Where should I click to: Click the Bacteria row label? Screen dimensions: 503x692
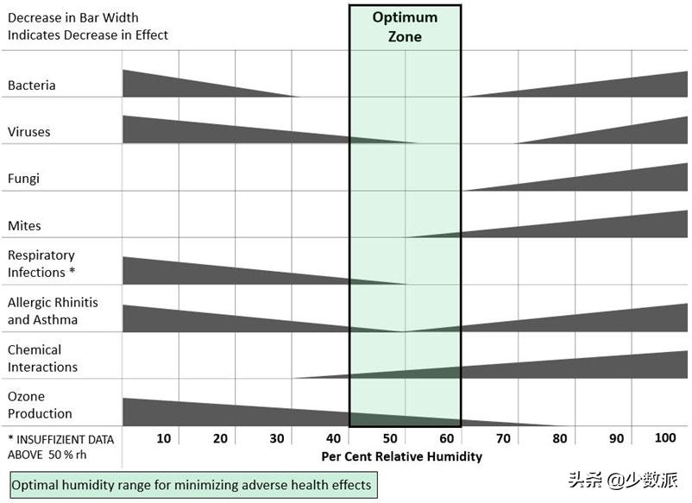[x=32, y=85]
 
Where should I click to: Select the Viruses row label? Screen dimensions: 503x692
[x=29, y=132]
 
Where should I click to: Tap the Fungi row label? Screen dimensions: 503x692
[x=24, y=179]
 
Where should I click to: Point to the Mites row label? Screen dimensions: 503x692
[x=24, y=226]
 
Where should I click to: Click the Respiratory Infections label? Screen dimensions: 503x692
[x=41, y=264]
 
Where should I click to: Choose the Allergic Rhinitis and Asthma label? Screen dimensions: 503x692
[x=53, y=311]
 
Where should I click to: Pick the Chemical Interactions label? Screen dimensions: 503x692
[x=43, y=358]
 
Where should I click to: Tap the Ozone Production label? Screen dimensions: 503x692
[x=41, y=406]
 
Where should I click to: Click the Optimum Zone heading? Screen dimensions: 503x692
[x=405, y=27]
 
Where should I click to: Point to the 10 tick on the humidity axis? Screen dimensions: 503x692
[x=163, y=438]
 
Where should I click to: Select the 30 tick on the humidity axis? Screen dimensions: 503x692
[x=276, y=438]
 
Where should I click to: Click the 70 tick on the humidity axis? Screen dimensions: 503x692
[x=503, y=438]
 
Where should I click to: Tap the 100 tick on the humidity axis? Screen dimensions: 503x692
[x=665, y=438]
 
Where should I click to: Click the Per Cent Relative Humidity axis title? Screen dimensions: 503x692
[x=402, y=456]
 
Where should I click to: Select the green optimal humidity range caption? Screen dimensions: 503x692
[x=192, y=485]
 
